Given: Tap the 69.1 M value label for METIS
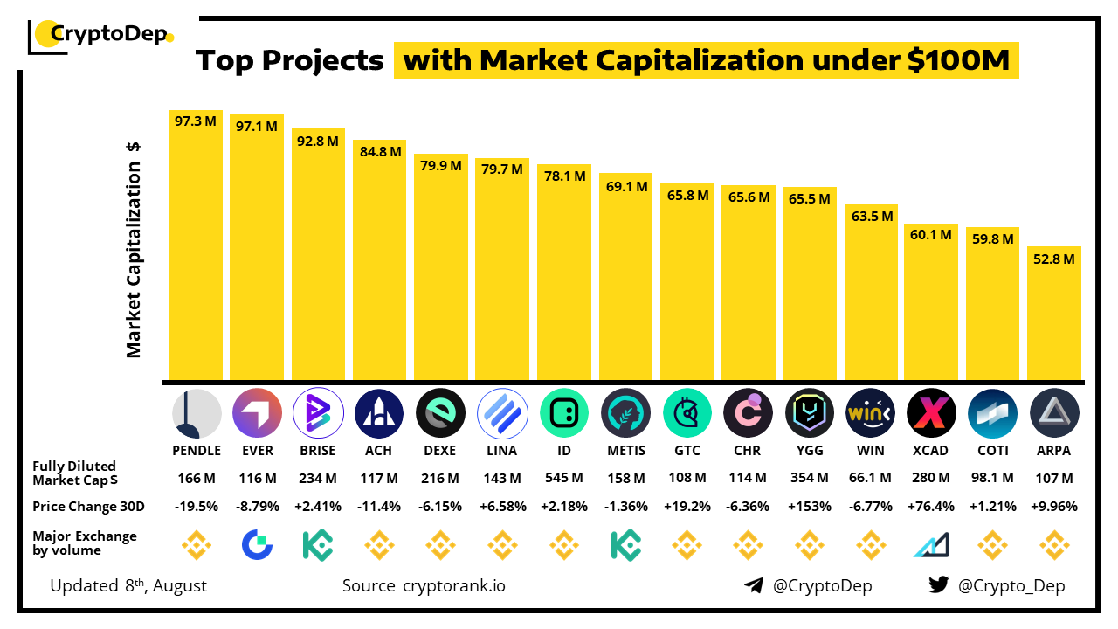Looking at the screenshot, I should pyautogui.click(x=625, y=186).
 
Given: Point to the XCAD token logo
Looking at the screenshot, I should pyautogui.click(x=931, y=413).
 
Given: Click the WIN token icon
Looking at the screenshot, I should pyautogui.click(x=871, y=413).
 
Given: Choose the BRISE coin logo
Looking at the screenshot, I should pyautogui.click(x=316, y=413).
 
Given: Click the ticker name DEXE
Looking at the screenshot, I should pyautogui.click(x=440, y=451).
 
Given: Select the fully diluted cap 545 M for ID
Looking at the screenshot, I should pyautogui.click(x=563, y=478).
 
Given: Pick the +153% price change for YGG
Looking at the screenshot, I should pyautogui.click(x=809, y=506).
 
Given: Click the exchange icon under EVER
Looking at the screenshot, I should pyautogui.click(x=257, y=546).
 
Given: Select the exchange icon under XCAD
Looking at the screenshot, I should pyautogui.click(x=931, y=546).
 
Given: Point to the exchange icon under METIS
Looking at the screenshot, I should pyautogui.click(x=625, y=546).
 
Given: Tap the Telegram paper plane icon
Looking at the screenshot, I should pyautogui.click(x=754, y=585).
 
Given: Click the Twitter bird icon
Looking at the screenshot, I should pyautogui.click(x=939, y=585).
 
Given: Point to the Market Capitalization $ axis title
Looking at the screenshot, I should pyautogui.click(x=134, y=249).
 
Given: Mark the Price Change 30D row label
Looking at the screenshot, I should pyautogui.click(x=89, y=506).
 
